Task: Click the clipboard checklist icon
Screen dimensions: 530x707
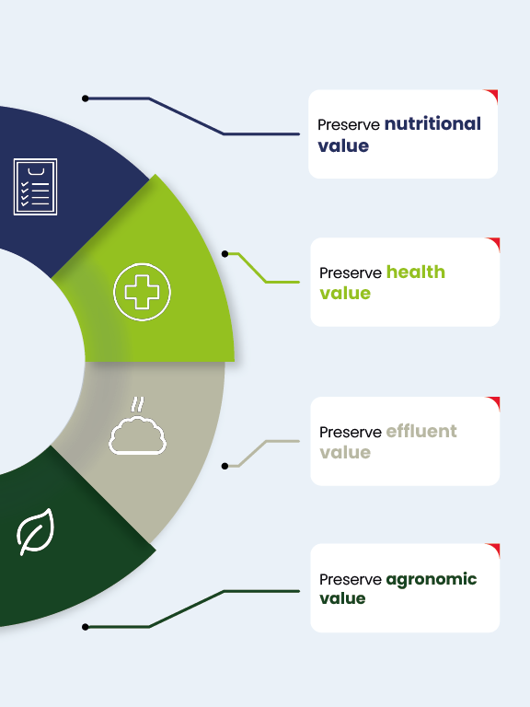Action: (35, 187)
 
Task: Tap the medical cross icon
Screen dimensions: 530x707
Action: (142, 292)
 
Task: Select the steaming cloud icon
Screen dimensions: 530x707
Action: (137, 425)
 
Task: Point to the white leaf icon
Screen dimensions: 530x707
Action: (35, 531)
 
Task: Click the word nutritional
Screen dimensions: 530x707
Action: (432, 123)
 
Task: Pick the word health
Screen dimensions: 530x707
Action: (416, 272)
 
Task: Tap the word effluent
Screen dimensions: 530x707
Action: (421, 431)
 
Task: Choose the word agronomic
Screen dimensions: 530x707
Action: (432, 579)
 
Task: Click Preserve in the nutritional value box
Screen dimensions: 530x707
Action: (349, 125)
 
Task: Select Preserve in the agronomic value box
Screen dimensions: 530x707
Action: (351, 579)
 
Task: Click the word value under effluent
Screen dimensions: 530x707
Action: (345, 452)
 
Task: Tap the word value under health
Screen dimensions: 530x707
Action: (345, 293)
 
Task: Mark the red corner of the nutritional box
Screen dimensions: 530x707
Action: (492, 94)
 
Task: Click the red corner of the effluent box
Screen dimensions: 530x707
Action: (494, 401)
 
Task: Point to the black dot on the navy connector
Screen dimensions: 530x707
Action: (86, 99)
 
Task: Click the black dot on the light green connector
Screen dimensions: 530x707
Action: (225, 254)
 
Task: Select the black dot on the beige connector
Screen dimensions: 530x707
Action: (225, 466)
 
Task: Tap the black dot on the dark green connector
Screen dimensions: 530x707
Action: (86, 627)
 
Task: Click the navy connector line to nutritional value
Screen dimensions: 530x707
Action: (186, 116)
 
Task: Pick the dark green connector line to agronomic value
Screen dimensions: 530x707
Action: (186, 608)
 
